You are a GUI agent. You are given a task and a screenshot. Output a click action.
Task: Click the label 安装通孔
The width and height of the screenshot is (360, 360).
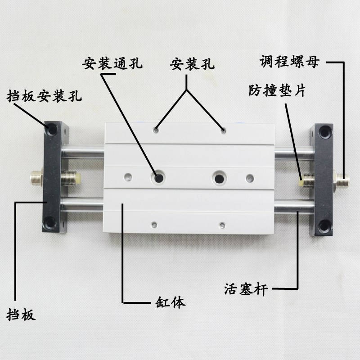[x=112, y=63]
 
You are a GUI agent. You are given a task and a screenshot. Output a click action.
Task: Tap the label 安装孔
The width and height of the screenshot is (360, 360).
[x=192, y=63]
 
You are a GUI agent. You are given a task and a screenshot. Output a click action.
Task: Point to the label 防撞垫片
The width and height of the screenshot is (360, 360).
[x=277, y=90]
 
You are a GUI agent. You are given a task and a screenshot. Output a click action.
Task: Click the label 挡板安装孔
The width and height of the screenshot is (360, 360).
[x=44, y=96]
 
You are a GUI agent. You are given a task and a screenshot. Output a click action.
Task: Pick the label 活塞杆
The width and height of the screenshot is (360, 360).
[x=246, y=288]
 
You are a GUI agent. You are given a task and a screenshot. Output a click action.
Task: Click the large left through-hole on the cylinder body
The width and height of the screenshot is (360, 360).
[x=158, y=177]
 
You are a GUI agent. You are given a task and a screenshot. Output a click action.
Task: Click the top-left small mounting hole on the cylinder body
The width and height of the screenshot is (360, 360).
[x=155, y=131]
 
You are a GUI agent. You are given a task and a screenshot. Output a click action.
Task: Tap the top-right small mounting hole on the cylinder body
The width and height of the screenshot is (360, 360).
[x=222, y=131]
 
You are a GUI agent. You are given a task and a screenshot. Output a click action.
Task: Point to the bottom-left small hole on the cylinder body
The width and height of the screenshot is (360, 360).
[x=154, y=224]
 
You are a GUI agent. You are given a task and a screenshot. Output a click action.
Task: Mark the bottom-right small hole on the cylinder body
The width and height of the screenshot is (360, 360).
[x=221, y=224]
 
